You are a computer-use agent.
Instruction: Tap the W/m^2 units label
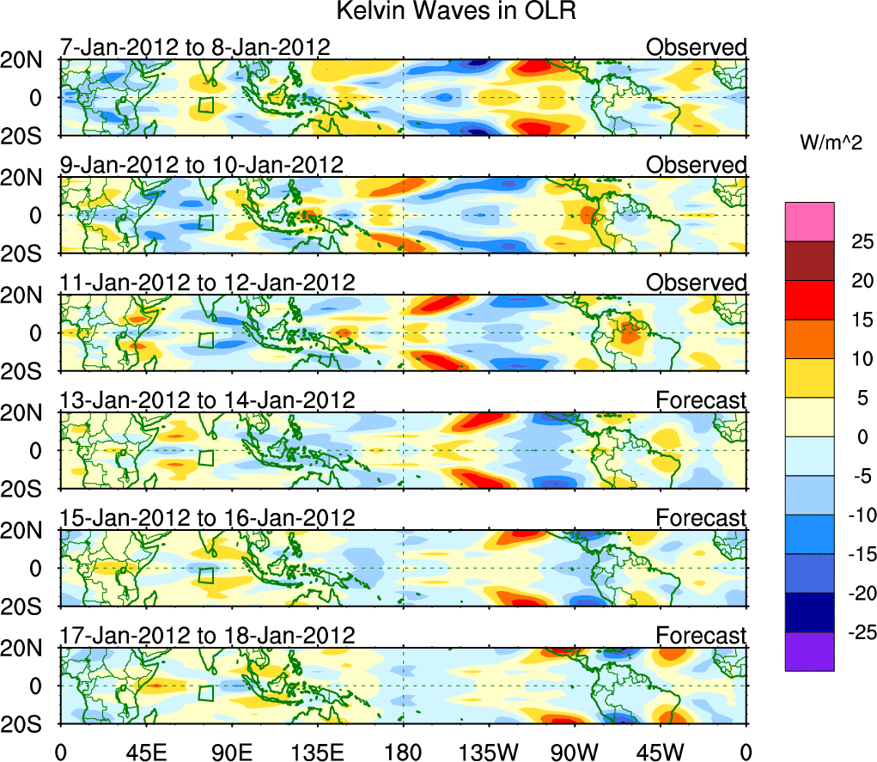point(832,143)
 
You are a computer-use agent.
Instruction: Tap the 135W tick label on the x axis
point(489,751)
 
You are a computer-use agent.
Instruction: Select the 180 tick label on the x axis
point(403,751)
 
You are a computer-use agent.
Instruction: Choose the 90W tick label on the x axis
point(575,751)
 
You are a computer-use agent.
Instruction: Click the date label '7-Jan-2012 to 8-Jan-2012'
point(195,47)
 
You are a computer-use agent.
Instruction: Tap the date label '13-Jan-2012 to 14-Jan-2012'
point(207,399)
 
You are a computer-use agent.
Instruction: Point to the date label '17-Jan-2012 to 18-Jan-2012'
point(207,635)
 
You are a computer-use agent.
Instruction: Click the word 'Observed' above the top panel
point(697,47)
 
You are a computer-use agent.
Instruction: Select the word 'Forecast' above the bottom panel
point(702,635)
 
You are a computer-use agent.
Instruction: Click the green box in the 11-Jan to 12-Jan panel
point(205,339)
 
